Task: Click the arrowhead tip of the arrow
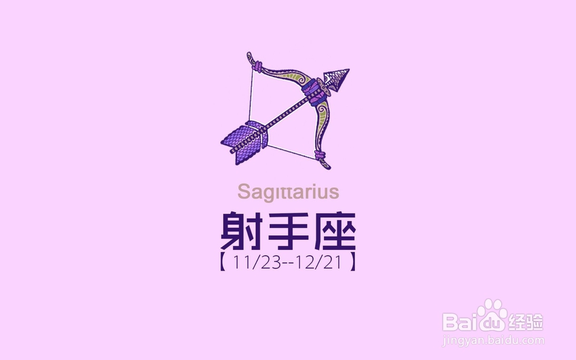tap(348, 69)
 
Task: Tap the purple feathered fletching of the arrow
tap(244, 142)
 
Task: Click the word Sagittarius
tap(288, 192)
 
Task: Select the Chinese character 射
tap(240, 231)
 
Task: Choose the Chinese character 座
tap(335, 231)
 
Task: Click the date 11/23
tap(257, 262)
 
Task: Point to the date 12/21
tap(321, 262)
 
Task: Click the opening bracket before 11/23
tap(222, 262)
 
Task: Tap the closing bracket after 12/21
tap(353, 262)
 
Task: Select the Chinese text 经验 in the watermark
tap(525, 322)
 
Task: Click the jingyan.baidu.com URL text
tap(494, 340)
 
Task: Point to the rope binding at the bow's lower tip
tap(320, 156)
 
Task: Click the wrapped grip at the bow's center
tap(313, 92)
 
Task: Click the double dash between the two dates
tap(289, 263)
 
